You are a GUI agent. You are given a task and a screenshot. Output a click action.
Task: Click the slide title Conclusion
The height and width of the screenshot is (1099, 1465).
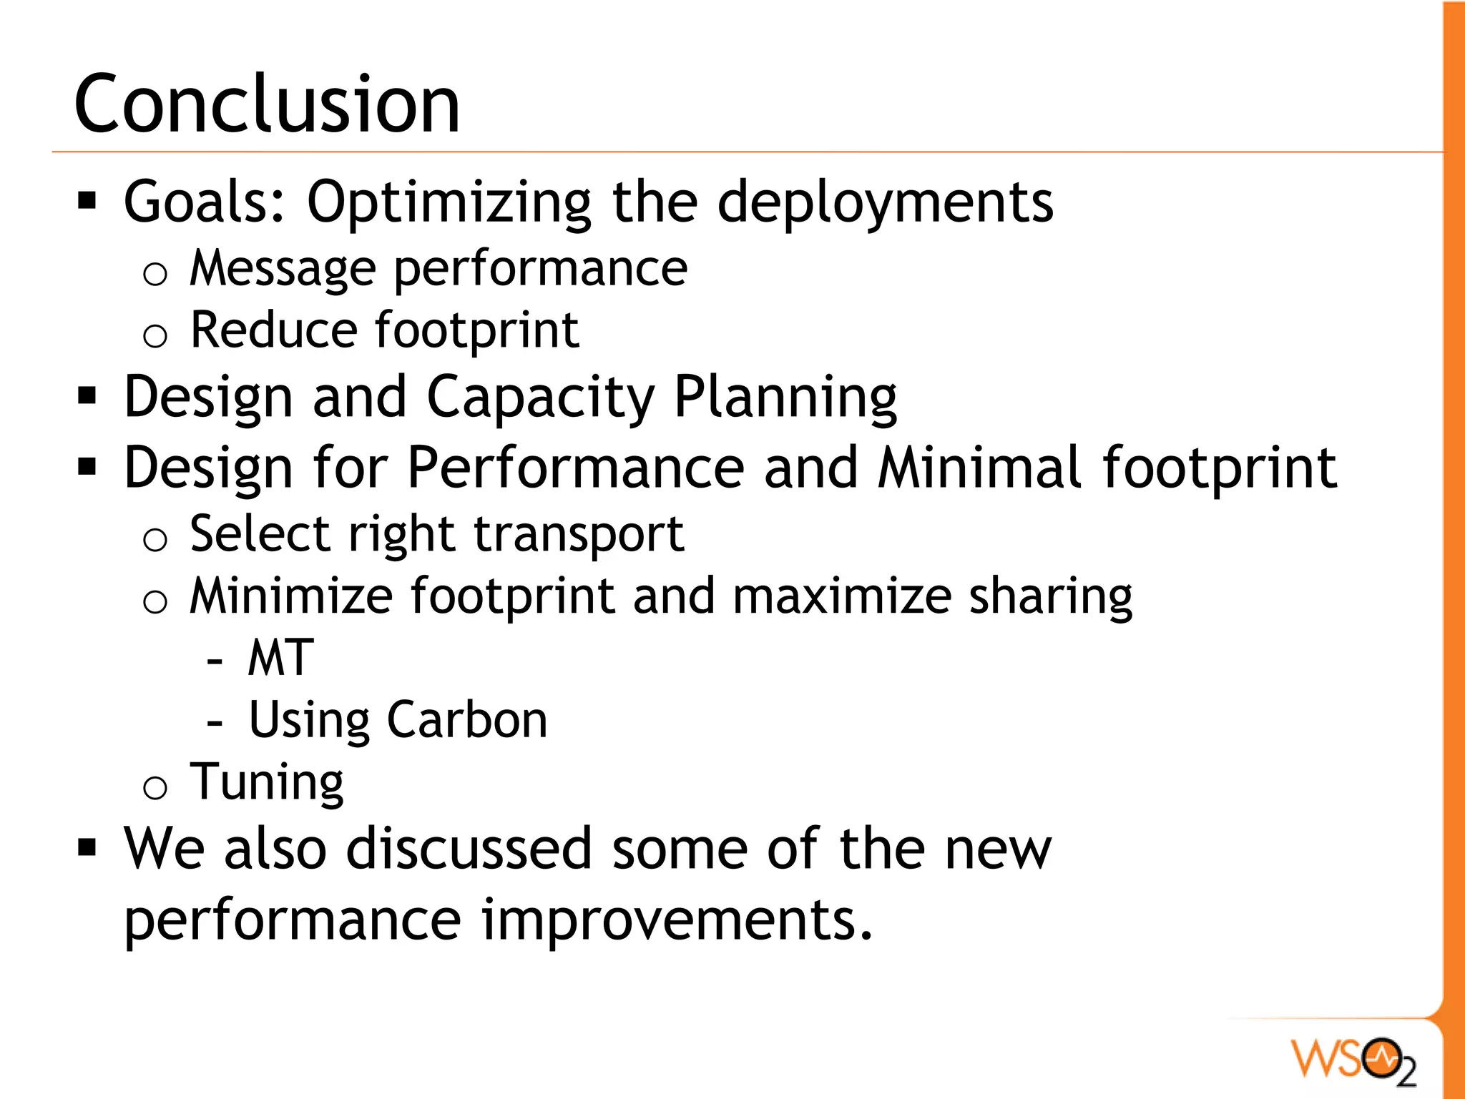tap(267, 105)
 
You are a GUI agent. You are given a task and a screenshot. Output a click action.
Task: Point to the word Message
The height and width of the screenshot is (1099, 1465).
tap(283, 270)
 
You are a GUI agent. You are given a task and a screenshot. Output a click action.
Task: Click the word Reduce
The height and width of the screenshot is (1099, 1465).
tap(273, 330)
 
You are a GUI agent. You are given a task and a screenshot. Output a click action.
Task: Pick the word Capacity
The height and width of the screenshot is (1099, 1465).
tap(540, 398)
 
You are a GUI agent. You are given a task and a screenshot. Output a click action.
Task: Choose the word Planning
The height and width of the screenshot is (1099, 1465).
tap(785, 398)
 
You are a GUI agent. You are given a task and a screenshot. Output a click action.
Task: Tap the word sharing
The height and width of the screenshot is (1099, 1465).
tap(1050, 597)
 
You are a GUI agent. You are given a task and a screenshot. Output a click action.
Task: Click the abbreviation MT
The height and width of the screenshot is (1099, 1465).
tap(280, 658)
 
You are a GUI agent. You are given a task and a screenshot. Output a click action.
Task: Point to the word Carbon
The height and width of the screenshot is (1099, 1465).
tap(467, 720)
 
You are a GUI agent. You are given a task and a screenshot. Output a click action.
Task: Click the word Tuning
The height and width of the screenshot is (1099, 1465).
tap(266, 783)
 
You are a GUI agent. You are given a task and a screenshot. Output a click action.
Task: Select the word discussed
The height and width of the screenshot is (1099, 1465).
tap(469, 849)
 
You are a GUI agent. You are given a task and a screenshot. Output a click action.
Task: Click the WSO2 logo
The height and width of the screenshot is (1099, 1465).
tap(1353, 1060)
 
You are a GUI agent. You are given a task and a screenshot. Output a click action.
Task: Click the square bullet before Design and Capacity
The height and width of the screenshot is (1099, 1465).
tap(87, 395)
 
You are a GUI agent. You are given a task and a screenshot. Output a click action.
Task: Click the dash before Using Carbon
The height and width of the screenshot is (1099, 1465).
tap(215, 724)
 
